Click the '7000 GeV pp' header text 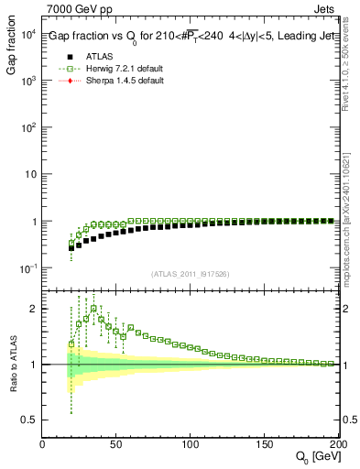(73, 8)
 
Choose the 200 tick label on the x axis (337, 444)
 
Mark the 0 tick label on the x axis (43, 444)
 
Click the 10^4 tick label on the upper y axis (27, 34)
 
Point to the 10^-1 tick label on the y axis (27, 268)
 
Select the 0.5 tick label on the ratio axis (29, 420)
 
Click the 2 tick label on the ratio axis (34, 309)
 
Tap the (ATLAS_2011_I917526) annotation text (191, 274)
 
